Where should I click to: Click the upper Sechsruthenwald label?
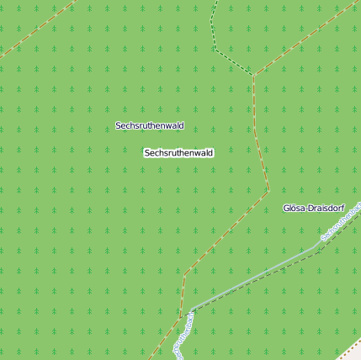click(x=150, y=125)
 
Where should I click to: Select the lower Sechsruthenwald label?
click(x=178, y=153)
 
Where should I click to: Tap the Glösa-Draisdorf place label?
click(x=316, y=208)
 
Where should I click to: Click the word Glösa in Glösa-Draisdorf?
click(x=294, y=208)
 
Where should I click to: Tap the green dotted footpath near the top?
click(x=213, y=25)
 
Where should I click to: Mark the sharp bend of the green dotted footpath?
click(x=215, y=49)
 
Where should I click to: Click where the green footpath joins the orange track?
click(x=252, y=75)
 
